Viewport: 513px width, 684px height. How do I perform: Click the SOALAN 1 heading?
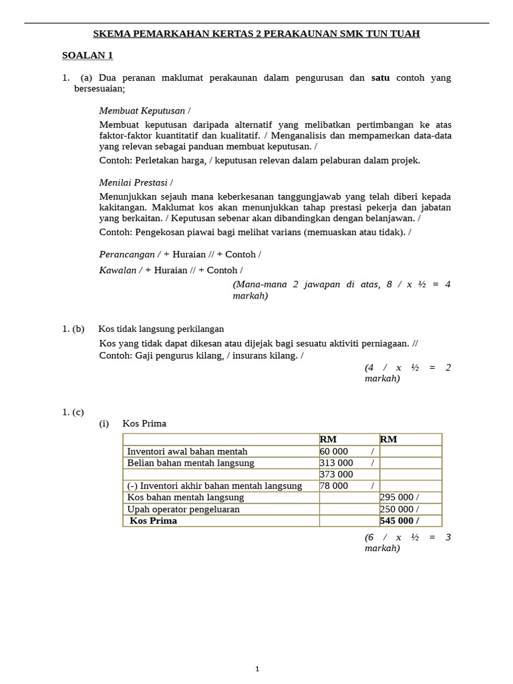(x=87, y=55)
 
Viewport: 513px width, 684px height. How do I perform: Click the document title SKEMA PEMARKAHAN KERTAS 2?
(x=256, y=33)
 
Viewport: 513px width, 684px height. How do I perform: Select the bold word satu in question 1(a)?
(x=380, y=77)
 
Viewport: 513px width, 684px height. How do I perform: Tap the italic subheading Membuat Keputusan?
(x=142, y=110)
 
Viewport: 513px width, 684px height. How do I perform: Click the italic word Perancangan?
(x=127, y=254)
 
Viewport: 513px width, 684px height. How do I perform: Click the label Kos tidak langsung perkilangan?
(x=161, y=329)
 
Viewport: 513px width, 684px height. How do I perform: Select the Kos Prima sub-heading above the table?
(x=144, y=423)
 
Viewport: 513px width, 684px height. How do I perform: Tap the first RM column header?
(x=328, y=440)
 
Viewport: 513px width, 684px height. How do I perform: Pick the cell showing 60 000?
(x=334, y=452)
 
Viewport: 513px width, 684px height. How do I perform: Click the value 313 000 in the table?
(x=336, y=463)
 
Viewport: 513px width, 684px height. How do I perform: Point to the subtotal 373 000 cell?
(x=336, y=474)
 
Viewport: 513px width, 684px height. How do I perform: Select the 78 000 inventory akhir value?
(x=334, y=486)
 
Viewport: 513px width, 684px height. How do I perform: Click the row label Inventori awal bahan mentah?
(x=187, y=452)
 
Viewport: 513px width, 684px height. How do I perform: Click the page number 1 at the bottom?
(x=257, y=669)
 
